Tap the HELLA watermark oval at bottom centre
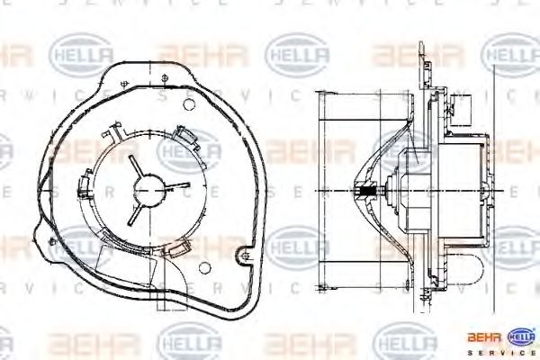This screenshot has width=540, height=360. (x=189, y=342)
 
